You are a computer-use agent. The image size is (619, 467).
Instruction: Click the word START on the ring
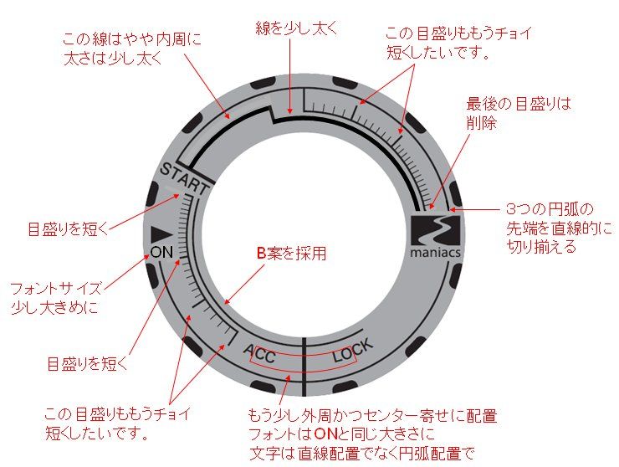184,179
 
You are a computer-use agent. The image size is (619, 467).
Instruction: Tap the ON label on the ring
161,252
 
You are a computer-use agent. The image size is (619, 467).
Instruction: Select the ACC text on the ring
259,354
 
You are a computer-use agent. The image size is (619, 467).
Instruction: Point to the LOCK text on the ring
352,351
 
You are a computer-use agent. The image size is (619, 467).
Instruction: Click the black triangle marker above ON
161,234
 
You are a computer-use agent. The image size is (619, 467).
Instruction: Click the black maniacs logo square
436,230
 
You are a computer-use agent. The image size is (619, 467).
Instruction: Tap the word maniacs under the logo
436,253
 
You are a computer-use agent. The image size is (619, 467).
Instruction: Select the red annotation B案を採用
292,254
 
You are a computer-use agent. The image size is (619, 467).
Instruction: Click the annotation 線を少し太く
296,28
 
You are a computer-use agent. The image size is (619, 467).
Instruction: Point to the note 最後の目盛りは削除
519,113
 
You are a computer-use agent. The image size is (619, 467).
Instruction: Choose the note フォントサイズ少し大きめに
56,297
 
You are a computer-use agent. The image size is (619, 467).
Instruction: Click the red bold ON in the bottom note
325,434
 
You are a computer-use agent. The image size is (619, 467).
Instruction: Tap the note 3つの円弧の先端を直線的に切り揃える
560,228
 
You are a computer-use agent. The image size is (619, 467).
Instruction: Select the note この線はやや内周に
132,39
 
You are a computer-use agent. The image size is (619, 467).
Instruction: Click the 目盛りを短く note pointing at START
68,229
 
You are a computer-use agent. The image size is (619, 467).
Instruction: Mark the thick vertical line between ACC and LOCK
304,367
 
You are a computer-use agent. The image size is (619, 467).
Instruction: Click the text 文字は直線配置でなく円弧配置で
361,453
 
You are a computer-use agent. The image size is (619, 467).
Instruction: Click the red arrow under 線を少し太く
290,76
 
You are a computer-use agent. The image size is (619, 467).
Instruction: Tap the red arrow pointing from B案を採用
244,284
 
